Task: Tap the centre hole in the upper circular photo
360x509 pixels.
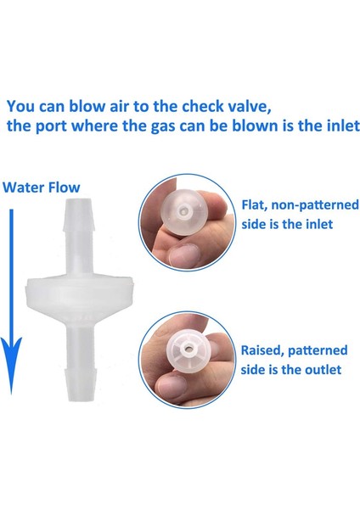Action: click(183, 207)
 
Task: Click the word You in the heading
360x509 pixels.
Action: click(21, 107)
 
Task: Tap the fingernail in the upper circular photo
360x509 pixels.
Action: click(174, 255)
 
